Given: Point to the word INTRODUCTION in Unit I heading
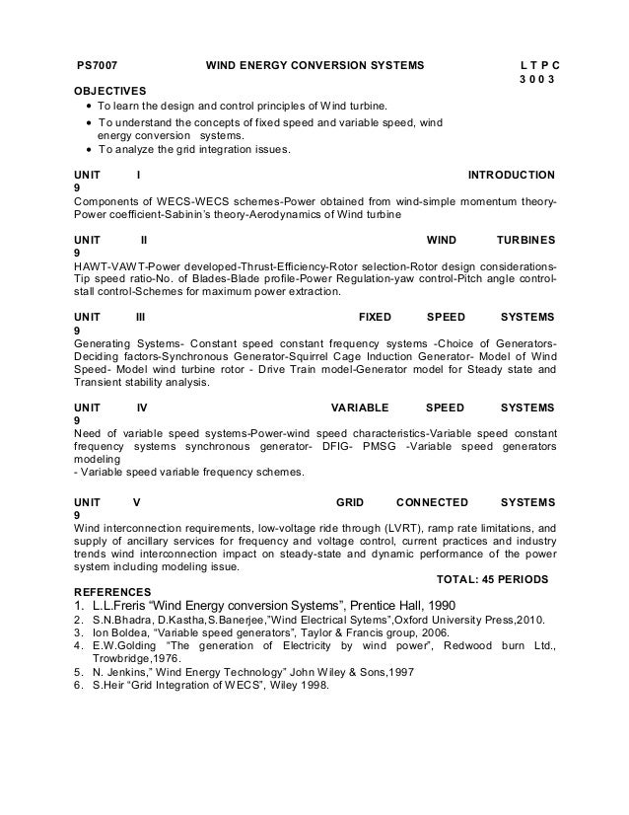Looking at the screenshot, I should pyautogui.click(x=510, y=175).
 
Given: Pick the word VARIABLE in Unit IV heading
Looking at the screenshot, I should pyautogui.click(x=360, y=406).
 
